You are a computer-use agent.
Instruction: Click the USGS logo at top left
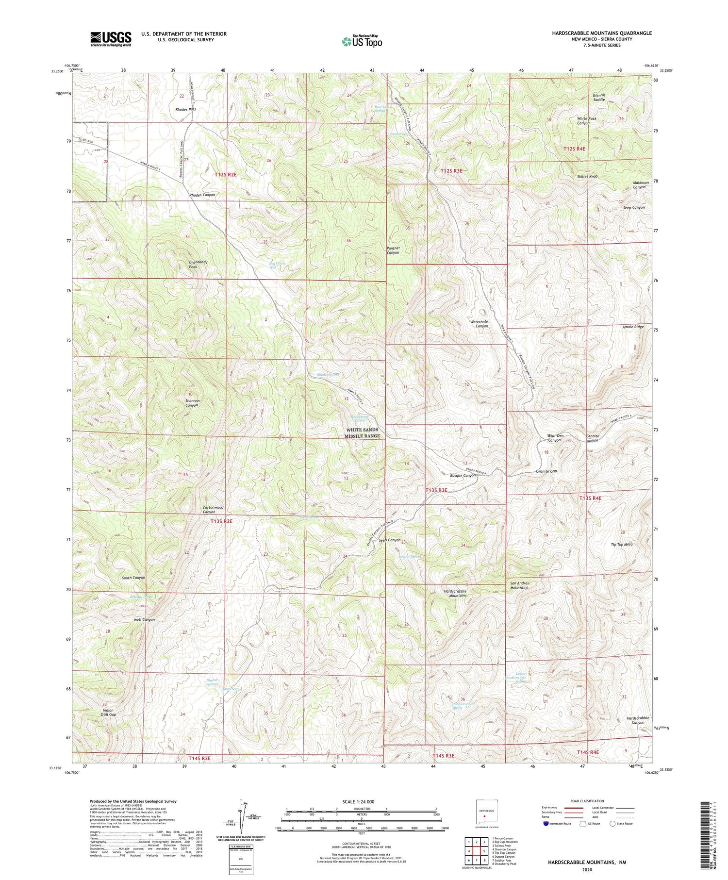pos(110,39)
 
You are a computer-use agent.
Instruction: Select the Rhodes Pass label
pos(185,109)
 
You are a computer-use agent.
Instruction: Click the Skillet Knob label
pos(586,177)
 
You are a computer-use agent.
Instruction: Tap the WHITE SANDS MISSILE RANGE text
pos(362,433)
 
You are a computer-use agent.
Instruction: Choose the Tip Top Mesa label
pos(621,544)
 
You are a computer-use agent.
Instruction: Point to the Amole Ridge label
pos(633,327)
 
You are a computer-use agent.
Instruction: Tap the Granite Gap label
pos(546,471)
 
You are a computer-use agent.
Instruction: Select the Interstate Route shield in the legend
pos(546,823)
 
